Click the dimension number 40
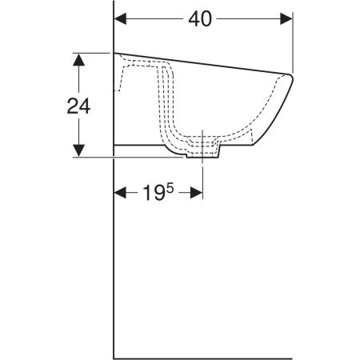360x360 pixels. [200, 19]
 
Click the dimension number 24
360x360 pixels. [78, 106]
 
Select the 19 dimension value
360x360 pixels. [154, 193]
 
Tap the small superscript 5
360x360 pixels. [170, 188]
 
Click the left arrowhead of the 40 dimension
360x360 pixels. [120, 19]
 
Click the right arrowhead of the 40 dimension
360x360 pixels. [286, 19]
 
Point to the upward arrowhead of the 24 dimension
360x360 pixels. [78, 59]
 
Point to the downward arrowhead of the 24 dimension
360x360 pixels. [78, 150]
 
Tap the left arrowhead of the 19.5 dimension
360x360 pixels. [120, 193]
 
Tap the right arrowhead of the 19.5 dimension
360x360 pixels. [196, 193]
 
